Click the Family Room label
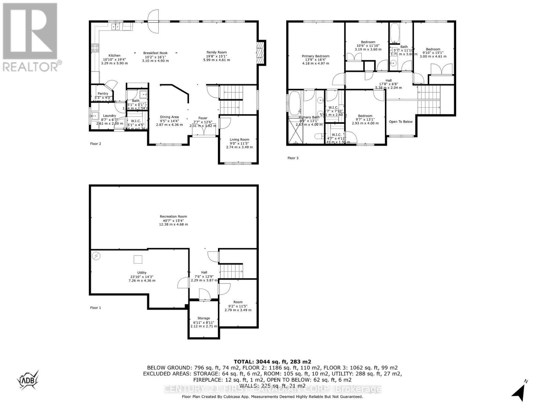216,52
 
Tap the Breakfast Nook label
155,53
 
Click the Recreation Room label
173,217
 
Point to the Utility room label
142,273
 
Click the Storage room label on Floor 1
204,318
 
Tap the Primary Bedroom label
315,56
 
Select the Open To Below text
401,122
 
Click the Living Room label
239,139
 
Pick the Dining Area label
169,117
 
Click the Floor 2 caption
95,144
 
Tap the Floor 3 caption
293,158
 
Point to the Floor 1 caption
95,308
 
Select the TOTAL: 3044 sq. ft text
272,362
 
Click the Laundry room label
109,116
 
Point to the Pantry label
103,93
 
